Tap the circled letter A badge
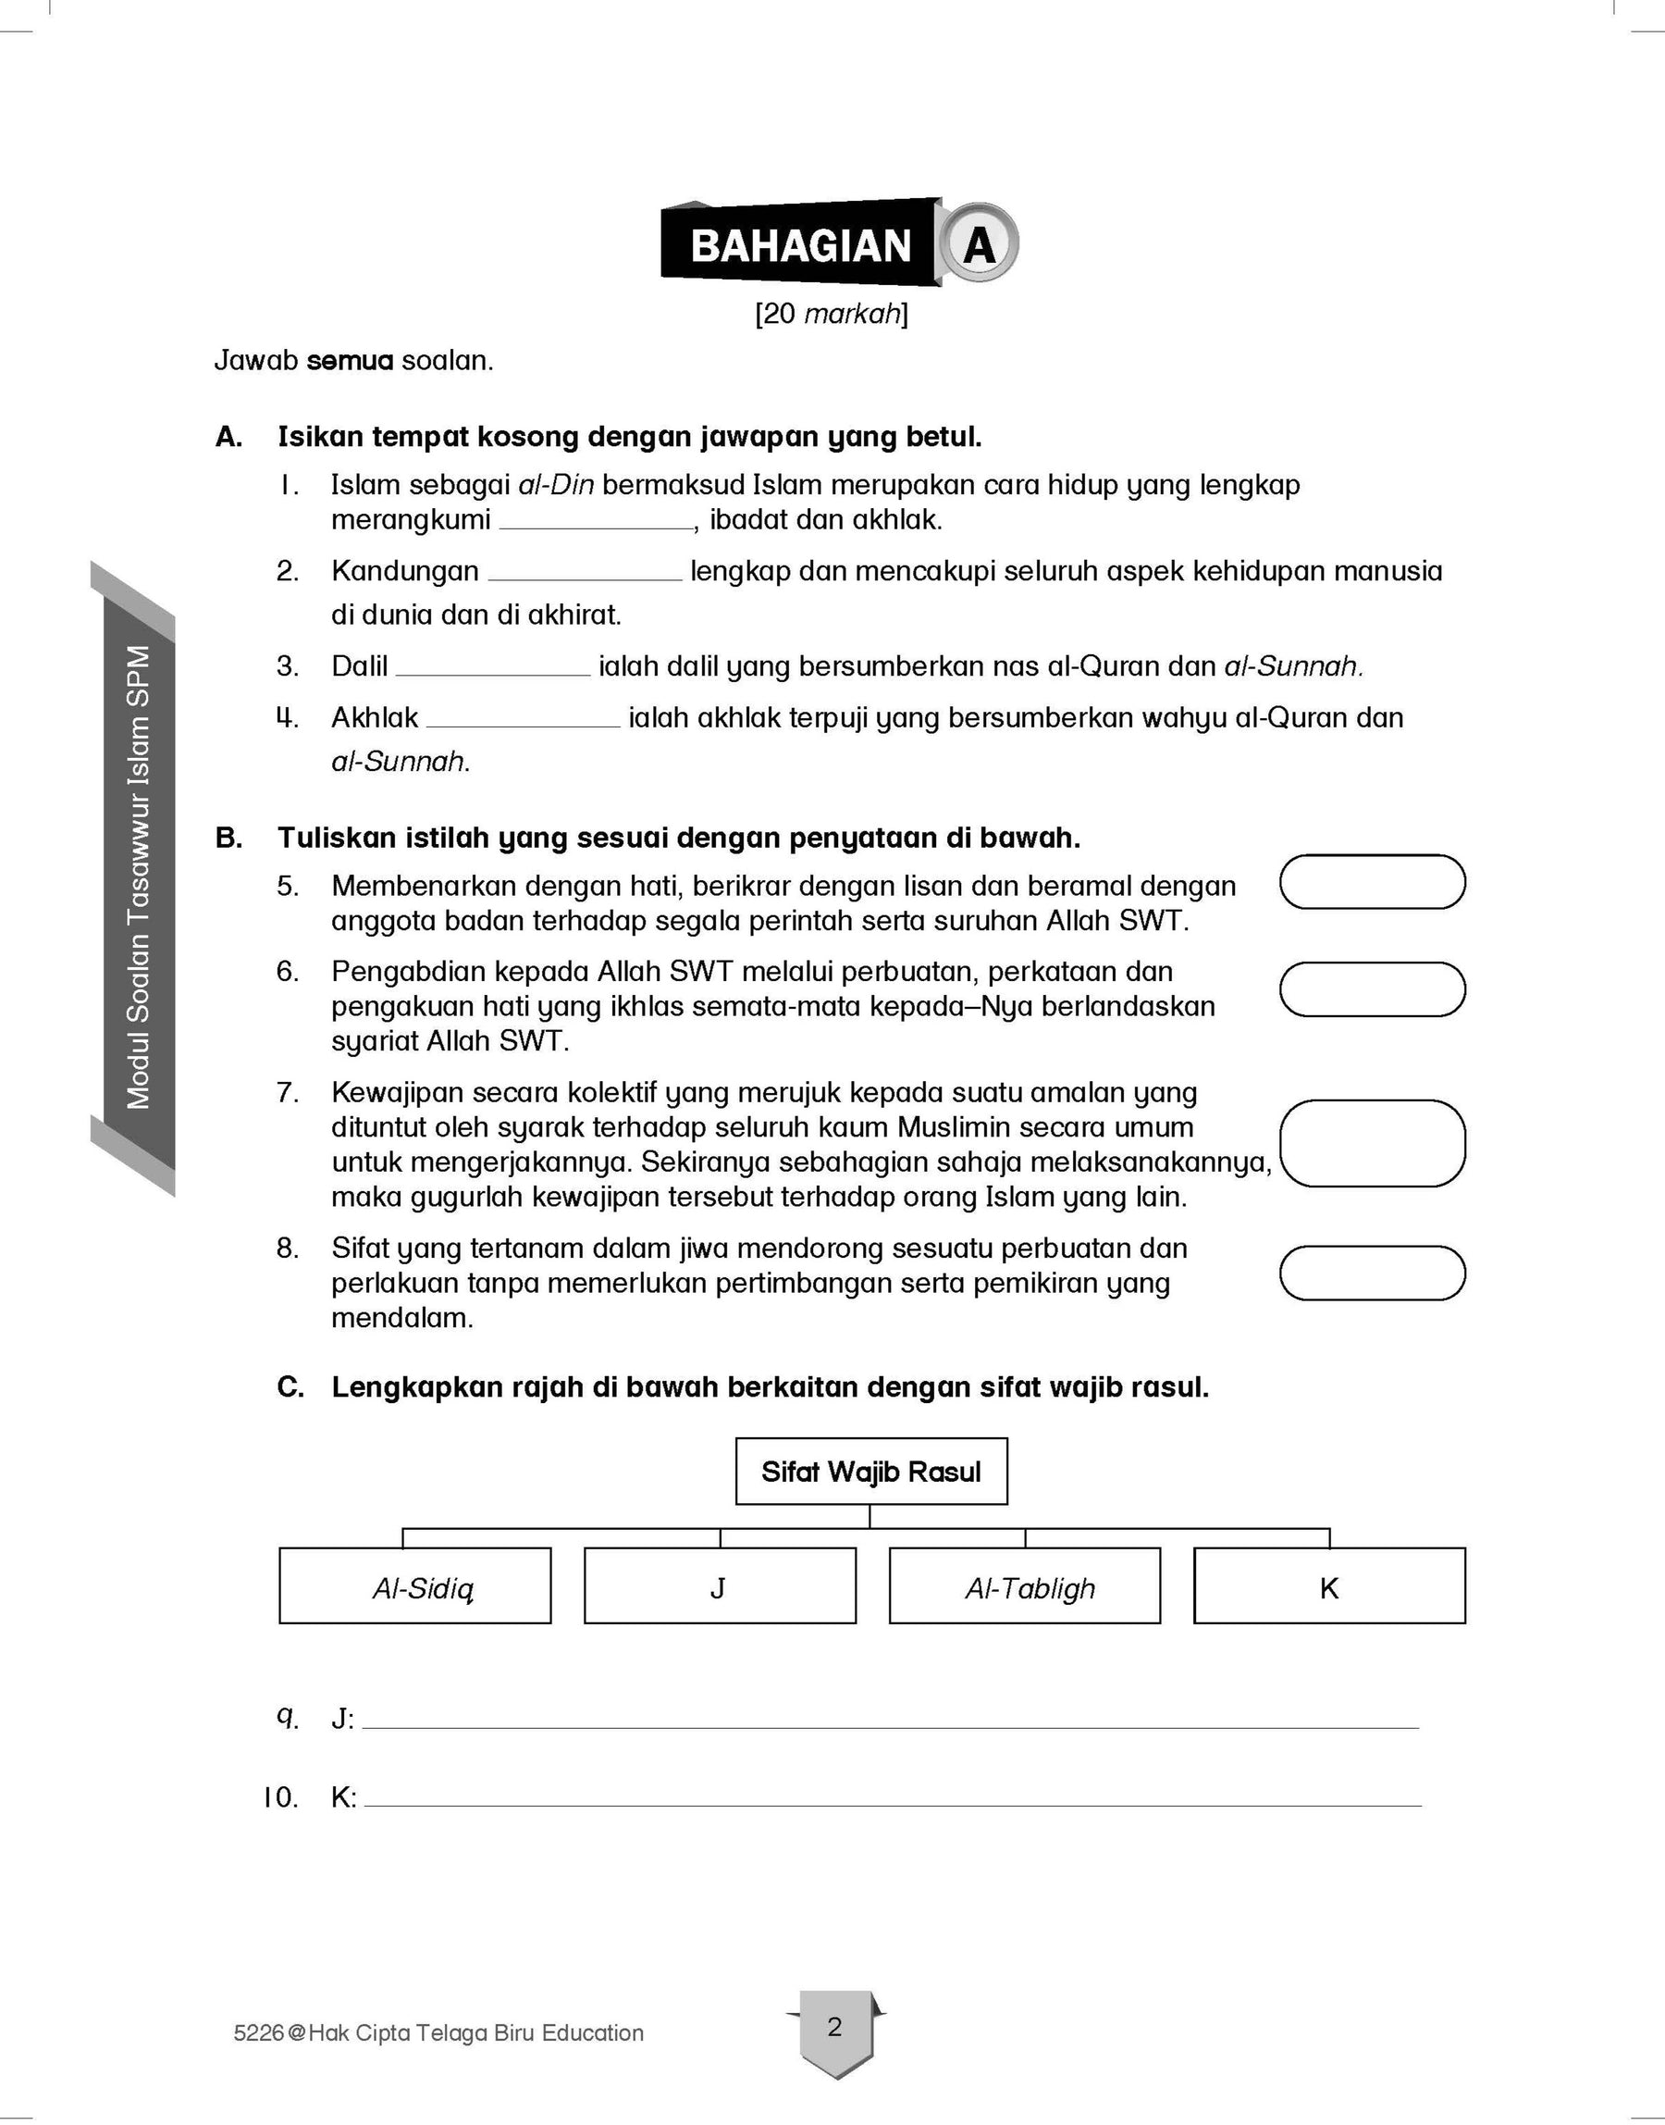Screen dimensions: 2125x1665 pyautogui.click(x=979, y=243)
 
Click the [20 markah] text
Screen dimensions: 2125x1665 pyautogui.click(x=832, y=314)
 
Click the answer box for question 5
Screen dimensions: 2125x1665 pyautogui.click(x=1372, y=882)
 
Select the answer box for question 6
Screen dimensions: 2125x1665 pyautogui.click(x=1372, y=988)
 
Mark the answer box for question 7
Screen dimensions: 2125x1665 pyautogui.click(x=1372, y=1143)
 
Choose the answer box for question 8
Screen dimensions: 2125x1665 pyautogui.click(x=1372, y=1273)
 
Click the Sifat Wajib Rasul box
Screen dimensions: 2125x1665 pyautogui.click(x=870, y=1471)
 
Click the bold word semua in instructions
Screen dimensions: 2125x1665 pyautogui.click(x=350, y=361)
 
